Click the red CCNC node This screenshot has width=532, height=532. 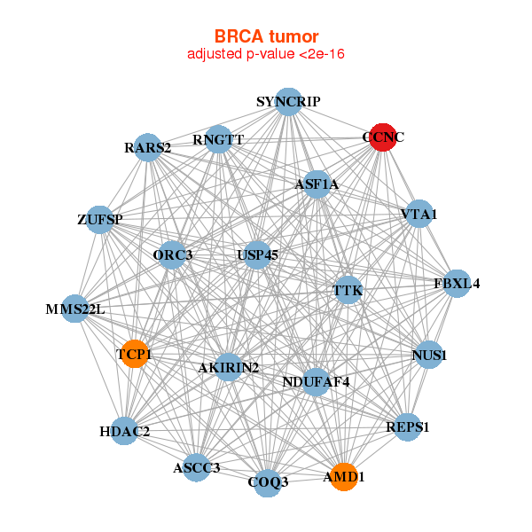tap(382, 137)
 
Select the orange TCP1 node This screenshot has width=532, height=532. tap(134, 355)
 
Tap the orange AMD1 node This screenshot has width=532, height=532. tap(343, 477)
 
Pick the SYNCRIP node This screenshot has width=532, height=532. tap(287, 102)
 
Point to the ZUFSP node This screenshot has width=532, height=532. tap(99, 219)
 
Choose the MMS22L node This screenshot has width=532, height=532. tap(76, 309)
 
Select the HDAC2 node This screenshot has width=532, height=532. tap(125, 432)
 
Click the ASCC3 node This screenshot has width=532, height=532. tap(197, 467)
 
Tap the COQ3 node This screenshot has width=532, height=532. tap(268, 482)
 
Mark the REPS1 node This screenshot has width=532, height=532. tap(407, 427)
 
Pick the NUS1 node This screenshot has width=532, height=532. tap(428, 356)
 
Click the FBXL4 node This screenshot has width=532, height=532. tap(457, 284)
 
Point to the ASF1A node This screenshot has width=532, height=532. tap(317, 184)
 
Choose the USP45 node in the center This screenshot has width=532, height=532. tap(257, 255)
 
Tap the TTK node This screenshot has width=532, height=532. tap(348, 290)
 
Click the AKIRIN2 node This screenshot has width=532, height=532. tap(229, 367)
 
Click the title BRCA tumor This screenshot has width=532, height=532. tap(266, 36)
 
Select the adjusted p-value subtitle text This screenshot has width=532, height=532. tap(266, 54)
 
